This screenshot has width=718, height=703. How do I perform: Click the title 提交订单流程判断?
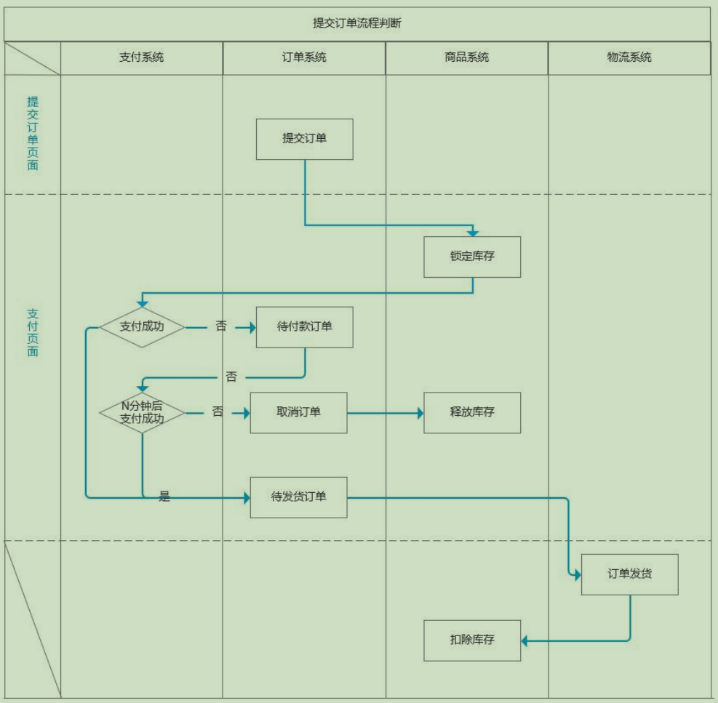(356, 23)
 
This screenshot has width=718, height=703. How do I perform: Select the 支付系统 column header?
(142, 57)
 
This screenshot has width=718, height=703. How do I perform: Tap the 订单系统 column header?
(304, 57)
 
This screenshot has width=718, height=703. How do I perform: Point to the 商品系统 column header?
(466, 57)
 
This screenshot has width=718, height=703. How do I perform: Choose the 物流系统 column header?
(629, 57)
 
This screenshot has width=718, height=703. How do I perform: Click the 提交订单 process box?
(305, 139)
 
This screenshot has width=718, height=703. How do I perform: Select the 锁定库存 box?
(472, 257)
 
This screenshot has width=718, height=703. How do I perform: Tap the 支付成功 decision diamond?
(142, 327)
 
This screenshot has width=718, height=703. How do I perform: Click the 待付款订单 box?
(305, 327)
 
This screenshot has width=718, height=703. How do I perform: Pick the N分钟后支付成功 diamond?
(142, 413)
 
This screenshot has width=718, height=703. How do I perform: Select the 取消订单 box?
(298, 413)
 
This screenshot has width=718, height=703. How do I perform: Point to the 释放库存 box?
(472, 413)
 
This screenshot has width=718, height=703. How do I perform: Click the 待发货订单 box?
(298, 497)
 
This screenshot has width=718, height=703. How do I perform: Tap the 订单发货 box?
(630, 574)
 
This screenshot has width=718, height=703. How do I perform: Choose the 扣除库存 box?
(472, 640)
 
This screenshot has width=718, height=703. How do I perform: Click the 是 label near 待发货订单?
(164, 496)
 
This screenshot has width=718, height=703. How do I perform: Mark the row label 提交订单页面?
(33, 133)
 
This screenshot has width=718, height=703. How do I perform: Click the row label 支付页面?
(33, 332)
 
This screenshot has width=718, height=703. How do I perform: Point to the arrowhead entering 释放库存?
(420, 413)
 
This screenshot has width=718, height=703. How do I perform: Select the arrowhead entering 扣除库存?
(524, 640)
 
